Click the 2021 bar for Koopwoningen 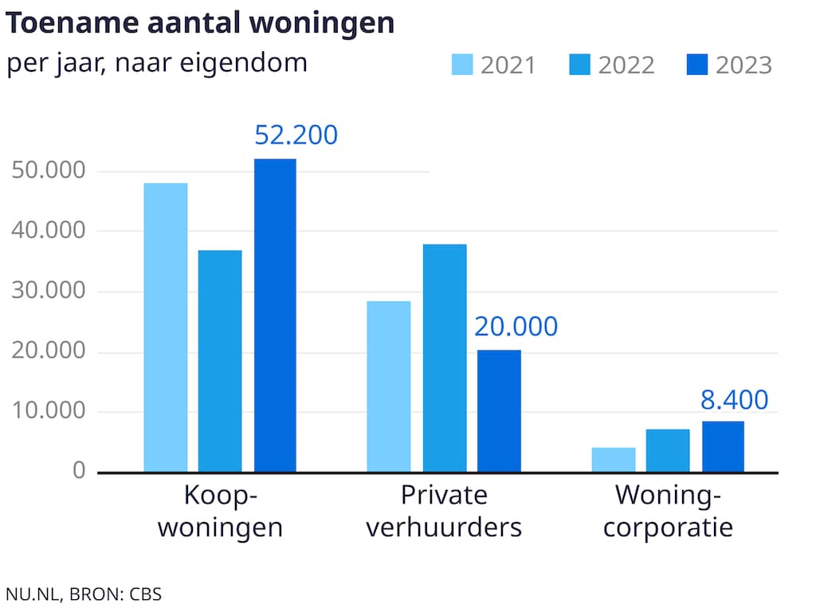(166, 328)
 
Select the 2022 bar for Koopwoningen (220, 361)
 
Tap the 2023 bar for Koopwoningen (275, 316)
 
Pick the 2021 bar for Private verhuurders (389, 386)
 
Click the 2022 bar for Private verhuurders (445, 358)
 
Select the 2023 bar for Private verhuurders (499, 411)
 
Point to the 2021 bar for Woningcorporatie (614, 460)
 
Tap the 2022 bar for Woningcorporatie (668, 450)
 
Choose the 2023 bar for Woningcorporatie (723, 446)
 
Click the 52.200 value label (296, 135)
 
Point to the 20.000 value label (516, 327)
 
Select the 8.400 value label (735, 399)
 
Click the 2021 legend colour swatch (462, 65)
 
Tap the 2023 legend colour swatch (697, 65)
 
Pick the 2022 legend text (626, 65)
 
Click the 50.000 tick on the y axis (49, 171)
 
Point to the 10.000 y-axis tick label (49, 412)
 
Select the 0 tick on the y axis (78, 471)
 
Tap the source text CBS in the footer (145, 594)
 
